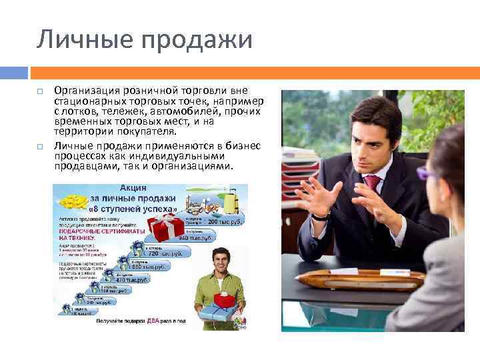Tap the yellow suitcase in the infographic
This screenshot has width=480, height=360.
(x=231, y=199)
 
